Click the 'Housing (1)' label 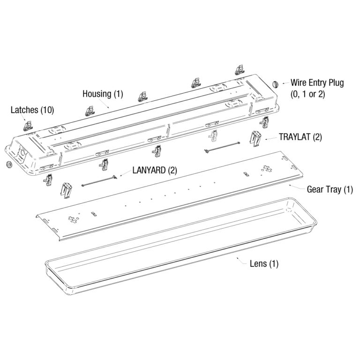coord(102,94)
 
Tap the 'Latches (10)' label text coord(32,110)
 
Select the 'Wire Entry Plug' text coord(317,83)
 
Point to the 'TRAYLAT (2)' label coord(300,138)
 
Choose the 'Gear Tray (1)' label coord(330,190)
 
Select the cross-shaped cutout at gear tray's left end coord(74,217)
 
